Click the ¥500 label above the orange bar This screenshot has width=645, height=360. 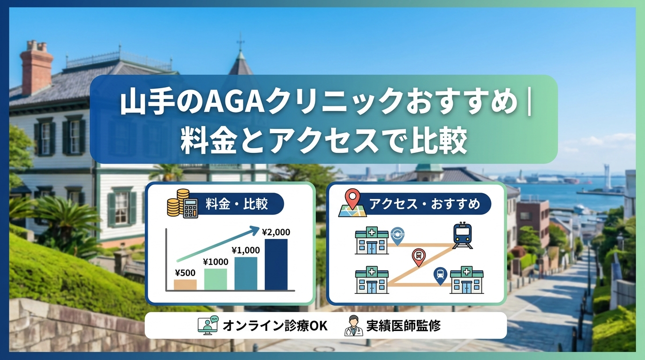(x=185, y=273)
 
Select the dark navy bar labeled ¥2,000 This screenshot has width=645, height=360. (x=276, y=264)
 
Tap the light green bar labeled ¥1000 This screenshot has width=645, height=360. (x=216, y=279)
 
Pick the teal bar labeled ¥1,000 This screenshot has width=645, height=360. (x=246, y=273)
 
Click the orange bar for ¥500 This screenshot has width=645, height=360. (x=185, y=285)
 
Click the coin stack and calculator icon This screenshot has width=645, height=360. (x=182, y=203)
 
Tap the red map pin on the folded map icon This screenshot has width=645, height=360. (x=352, y=199)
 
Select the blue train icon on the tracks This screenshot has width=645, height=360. (x=462, y=235)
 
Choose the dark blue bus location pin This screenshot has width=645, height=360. (x=440, y=276)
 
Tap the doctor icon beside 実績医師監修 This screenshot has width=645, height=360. (x=353, y=326)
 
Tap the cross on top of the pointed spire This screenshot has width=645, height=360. (x=240, y=42)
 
